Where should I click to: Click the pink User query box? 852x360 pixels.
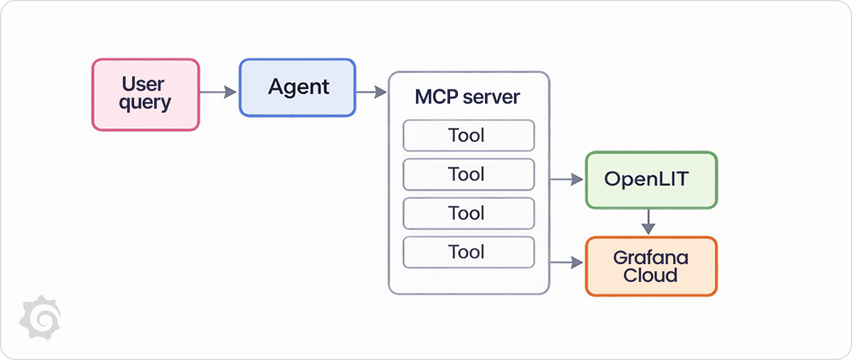point(146,94)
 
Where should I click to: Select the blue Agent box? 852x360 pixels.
point(297,87)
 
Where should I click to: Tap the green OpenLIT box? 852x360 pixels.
point(650,180)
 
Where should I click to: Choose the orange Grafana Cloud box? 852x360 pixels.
point(650,266)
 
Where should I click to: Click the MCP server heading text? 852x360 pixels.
point(467,97)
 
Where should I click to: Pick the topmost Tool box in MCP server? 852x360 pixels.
point(468,136)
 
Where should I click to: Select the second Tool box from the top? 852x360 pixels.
point(468,175)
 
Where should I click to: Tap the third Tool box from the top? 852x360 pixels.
point(468,213)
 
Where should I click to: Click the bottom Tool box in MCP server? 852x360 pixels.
point(468,252)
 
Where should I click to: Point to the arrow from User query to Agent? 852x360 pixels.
point(218,92)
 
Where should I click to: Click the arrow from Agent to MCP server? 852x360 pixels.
point(371,92)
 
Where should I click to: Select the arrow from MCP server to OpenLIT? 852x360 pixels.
point(567,180)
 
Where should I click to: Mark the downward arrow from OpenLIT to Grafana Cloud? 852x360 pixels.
point(648,222)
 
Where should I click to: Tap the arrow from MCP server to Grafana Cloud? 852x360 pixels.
point(567,263)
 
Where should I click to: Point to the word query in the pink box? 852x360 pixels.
point(146,103)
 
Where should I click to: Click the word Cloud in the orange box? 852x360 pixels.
point(650,276)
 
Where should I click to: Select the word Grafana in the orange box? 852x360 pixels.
point(650,257)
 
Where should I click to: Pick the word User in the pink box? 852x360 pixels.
point(143,84)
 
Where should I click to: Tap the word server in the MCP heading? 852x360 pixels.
point(491,97)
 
